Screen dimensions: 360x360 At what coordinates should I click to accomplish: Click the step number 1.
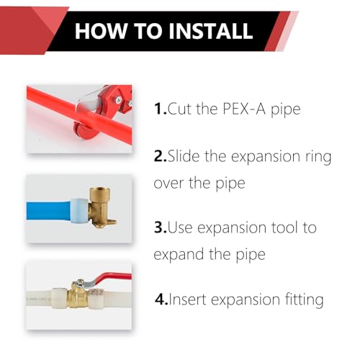[160, 109]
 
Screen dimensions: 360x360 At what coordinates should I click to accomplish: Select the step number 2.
[160, 156]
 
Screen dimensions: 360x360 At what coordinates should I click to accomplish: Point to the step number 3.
[160, 228]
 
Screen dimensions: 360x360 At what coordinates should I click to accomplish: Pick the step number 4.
[161, 299]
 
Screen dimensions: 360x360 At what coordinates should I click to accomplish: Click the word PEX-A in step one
[244, 109]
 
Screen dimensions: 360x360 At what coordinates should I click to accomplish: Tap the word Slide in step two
[184, 156]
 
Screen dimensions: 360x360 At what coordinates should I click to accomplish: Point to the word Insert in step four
[188, 299]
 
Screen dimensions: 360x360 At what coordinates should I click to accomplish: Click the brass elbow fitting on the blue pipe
[100, 207]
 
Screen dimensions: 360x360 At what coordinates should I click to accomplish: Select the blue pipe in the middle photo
[49, 211]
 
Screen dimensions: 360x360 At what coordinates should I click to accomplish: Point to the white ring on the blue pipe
[78, 211]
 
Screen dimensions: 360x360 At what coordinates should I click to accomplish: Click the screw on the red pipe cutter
[118, 99]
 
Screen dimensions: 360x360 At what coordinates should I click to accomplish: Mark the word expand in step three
[179, 255]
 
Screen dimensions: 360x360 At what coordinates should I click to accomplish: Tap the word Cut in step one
[180, 109]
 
